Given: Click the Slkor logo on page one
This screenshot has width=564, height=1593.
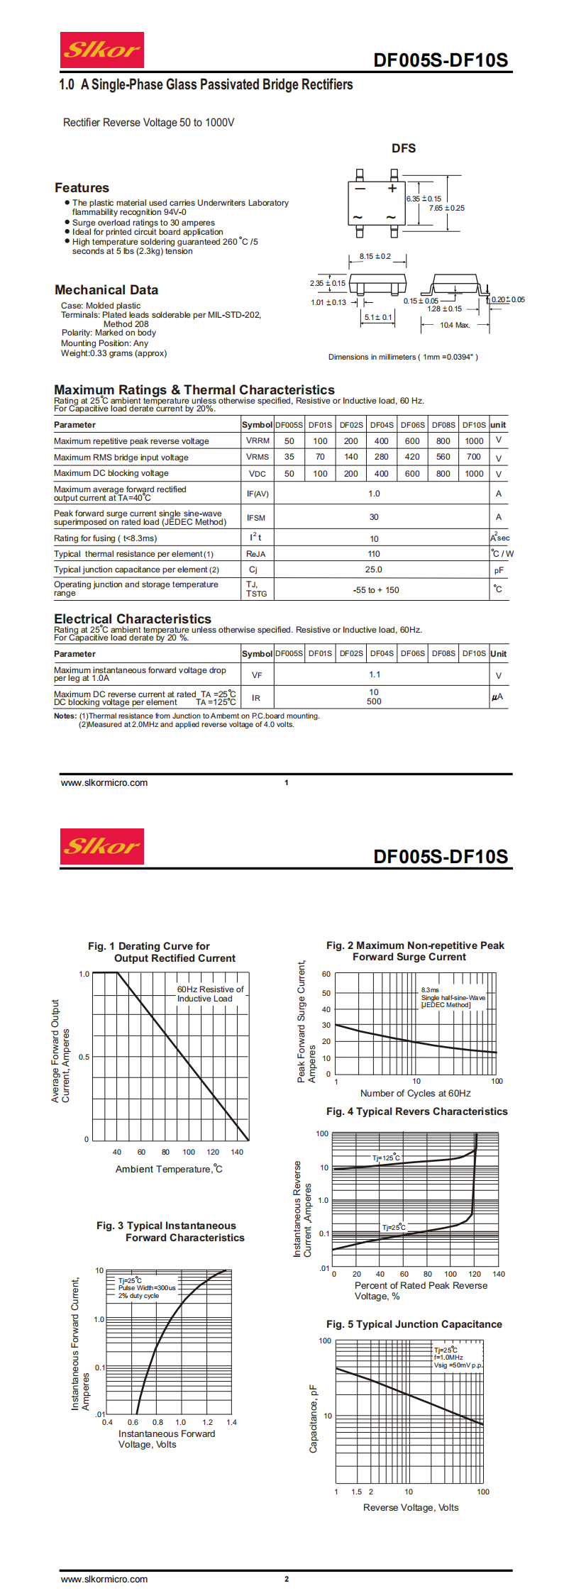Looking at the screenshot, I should [101, 50].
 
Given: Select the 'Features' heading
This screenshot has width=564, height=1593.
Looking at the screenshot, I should [82, 188].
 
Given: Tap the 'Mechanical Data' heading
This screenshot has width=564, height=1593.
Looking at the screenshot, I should [106, 290].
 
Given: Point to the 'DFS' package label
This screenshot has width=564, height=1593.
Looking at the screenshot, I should [404, 148].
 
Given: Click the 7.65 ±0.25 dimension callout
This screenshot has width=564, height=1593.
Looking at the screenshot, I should [447, 209].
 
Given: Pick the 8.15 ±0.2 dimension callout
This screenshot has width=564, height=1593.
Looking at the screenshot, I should [375, 257].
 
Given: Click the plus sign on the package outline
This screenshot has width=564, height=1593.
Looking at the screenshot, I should [392, 189].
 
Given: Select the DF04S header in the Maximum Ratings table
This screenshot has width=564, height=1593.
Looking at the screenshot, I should [382, 425].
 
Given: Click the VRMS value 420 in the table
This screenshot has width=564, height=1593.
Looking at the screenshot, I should [412, 457].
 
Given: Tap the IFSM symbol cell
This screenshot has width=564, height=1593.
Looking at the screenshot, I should [256, 518].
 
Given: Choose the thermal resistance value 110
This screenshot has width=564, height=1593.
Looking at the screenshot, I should [374, 554].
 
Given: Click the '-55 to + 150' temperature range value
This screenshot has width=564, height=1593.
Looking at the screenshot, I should [376, 590].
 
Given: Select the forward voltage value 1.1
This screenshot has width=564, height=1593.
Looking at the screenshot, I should [375, 675].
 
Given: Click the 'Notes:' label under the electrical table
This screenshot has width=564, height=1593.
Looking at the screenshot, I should [65, 716].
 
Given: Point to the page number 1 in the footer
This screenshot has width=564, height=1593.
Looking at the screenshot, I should [287, 783].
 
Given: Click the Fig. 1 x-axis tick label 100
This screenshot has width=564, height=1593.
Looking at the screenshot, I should [189, 1152].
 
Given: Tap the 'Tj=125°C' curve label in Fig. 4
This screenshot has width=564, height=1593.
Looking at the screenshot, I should [386, 1158].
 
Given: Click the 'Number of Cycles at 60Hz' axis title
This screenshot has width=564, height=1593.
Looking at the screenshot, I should [415, 1093].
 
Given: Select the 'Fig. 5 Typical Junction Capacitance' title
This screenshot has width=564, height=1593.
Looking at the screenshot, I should [414, 1324].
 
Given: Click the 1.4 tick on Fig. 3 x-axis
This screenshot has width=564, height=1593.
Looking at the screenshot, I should [231, 1422].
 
